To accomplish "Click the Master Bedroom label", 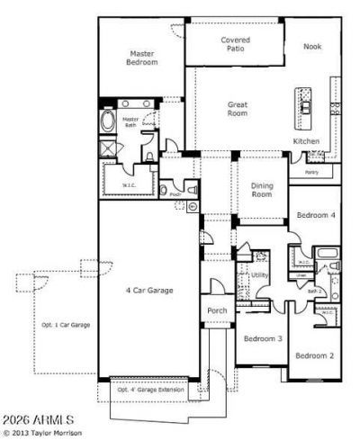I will pos(142,58).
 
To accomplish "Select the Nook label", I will pos(311,47).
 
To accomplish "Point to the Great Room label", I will pos(238,110).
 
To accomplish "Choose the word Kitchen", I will pos(306,141).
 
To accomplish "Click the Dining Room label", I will pos(261,189).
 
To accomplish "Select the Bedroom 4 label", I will pos(317,216).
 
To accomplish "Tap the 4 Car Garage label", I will pos(148,291).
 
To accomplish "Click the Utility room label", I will pos(260,274).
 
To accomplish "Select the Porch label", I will pos(217,310).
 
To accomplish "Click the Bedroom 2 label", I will pos(315,355).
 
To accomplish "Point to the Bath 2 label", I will pos(314,291).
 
